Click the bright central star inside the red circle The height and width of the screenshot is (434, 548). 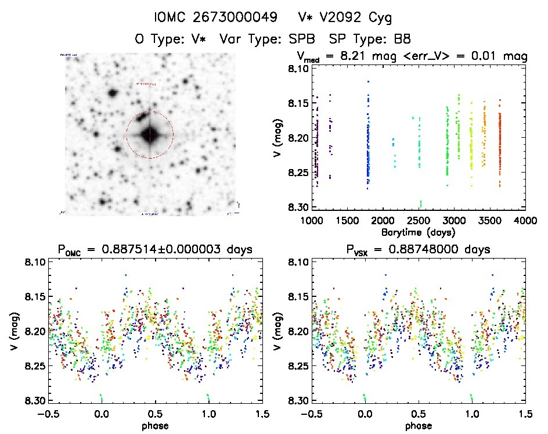tap(150, 134)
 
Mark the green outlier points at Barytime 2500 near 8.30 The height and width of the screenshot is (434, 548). tap(421, 203)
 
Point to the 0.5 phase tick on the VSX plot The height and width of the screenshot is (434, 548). tap(418, 414)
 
